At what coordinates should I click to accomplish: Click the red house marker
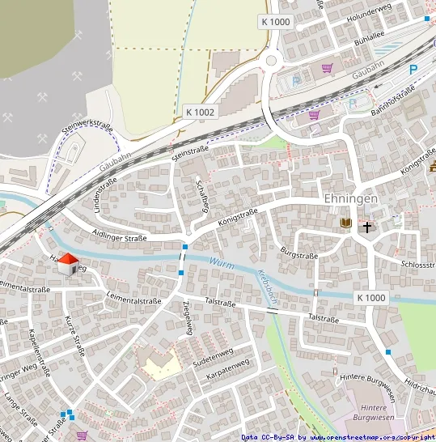click(x=69, y=263)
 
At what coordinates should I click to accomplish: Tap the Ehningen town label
click(x=350, y=199)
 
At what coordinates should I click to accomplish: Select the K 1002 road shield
click(x=199, y=112)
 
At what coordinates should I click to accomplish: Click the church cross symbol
click(x=367, y=227)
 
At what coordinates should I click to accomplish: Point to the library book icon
click(x=345, y=223)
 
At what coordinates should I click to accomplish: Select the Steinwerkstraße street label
click(x=87, y=134)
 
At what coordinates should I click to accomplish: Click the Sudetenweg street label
click(x=213, y=355)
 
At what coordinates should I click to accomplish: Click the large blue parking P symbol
click(x=413, y=70)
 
